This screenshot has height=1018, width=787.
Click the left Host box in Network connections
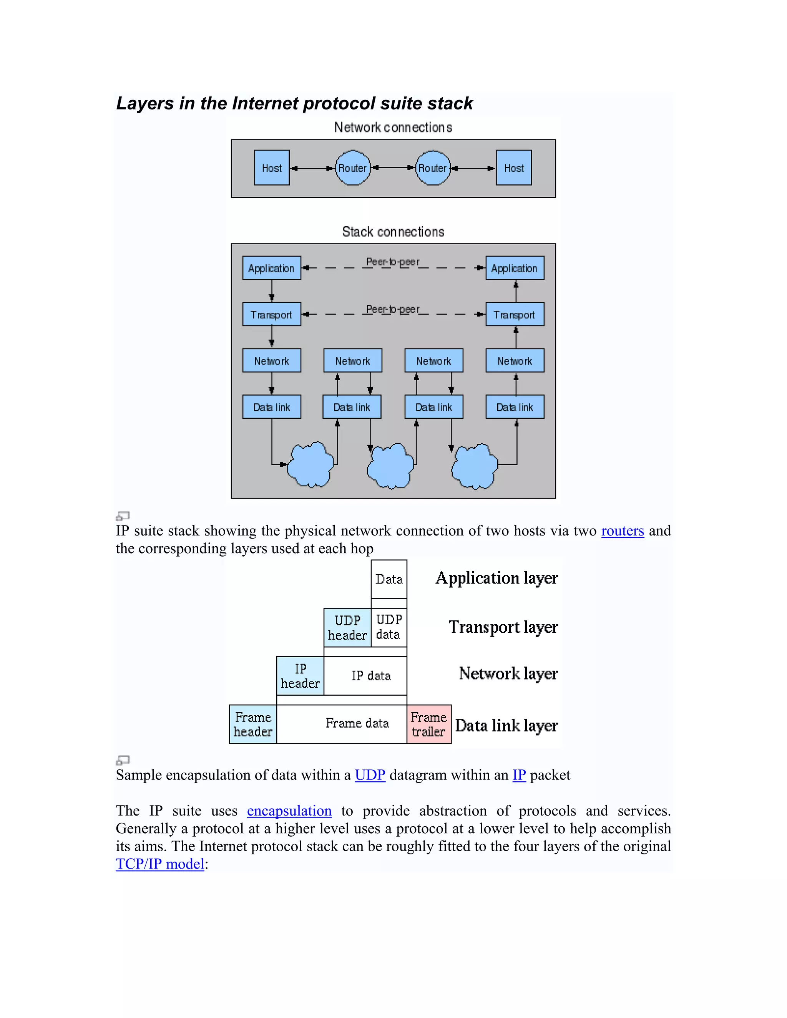coord(272,168)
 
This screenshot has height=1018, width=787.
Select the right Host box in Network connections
coord(514,168)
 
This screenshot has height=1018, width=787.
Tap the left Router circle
coord(352,168)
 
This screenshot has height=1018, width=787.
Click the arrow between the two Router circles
coord(393,167)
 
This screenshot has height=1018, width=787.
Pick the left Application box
coord(271,268)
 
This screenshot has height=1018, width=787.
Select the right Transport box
coord(515,314)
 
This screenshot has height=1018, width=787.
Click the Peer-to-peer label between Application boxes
coord(393,262)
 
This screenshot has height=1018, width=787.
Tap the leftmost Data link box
coord(271,407)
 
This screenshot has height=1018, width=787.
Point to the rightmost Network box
coord(515,361)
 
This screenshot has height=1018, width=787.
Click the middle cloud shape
coord(391,466)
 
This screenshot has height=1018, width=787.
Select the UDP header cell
coord(347,627)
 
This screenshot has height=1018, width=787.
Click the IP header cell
coord(300,676)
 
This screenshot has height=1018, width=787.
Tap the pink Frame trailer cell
coord(429,724)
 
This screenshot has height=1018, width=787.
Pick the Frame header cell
coord(253,724)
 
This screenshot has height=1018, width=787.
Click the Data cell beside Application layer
coord(389,579)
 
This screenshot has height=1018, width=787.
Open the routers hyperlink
coord(623,531)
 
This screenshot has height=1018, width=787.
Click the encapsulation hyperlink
coord(289,811)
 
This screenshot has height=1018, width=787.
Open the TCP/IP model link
coord(160,864)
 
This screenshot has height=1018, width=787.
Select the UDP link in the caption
coord(370,775)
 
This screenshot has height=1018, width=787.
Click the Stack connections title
coord(393,232)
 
